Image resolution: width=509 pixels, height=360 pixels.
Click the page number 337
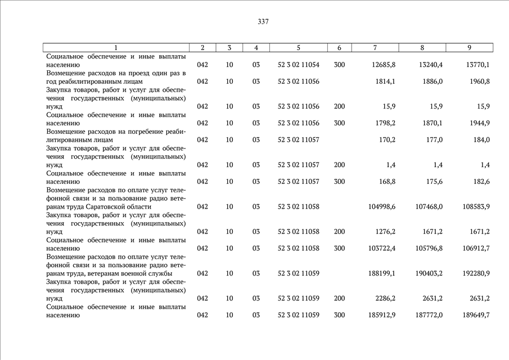(263, 22)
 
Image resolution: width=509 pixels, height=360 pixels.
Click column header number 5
(298, 48)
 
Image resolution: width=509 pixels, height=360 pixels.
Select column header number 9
(469, 48)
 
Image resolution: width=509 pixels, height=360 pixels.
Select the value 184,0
(481, 140)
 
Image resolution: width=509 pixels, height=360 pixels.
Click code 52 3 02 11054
(298, 65)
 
